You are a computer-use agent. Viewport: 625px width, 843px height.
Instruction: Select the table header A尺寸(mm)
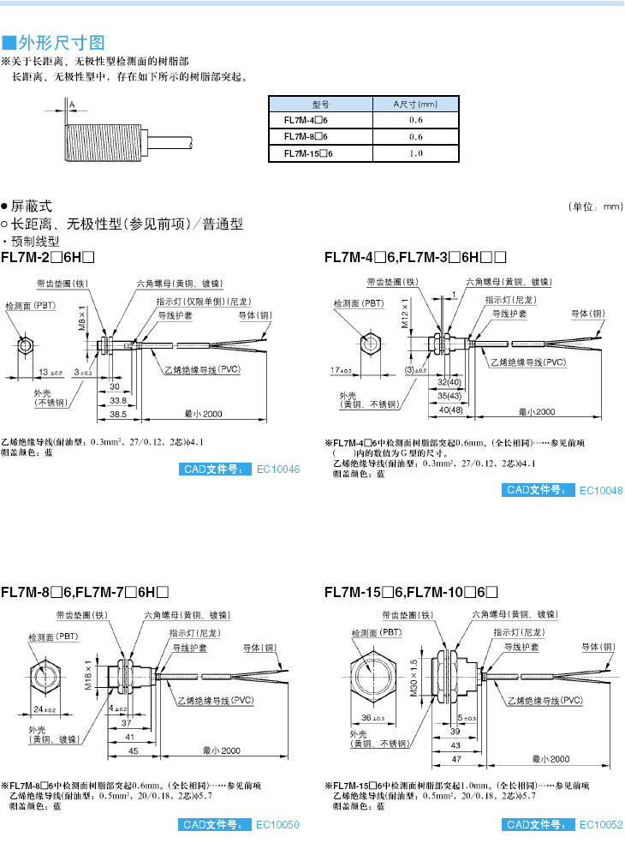click(415, 105)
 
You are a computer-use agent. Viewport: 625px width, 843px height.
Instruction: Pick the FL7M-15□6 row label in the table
click(307, 153)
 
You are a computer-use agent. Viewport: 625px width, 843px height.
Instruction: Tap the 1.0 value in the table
click(416, 153)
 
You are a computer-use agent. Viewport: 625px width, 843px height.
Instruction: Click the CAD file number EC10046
click(278, 469)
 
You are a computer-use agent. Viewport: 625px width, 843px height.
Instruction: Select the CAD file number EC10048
click(601, 490)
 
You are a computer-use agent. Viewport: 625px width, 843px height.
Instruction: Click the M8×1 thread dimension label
click(83, 318)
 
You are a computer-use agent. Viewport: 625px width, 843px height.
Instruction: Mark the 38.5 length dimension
click(118, 414)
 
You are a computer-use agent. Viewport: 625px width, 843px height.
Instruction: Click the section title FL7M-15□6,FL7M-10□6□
click(411, 591)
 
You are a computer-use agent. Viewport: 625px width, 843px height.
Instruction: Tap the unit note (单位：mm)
click(596, 207)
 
